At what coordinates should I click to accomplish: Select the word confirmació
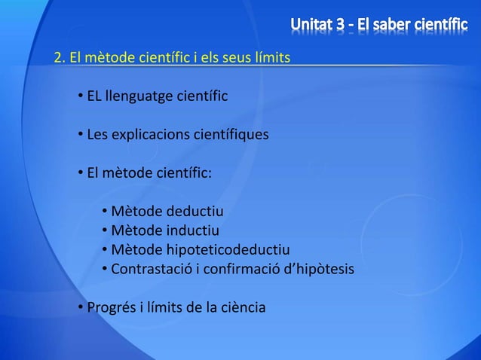(246, 269)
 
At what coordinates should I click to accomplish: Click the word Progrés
(112, 307)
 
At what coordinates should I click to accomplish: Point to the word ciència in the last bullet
(243, 307)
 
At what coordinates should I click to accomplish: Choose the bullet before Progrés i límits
(80, 307)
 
